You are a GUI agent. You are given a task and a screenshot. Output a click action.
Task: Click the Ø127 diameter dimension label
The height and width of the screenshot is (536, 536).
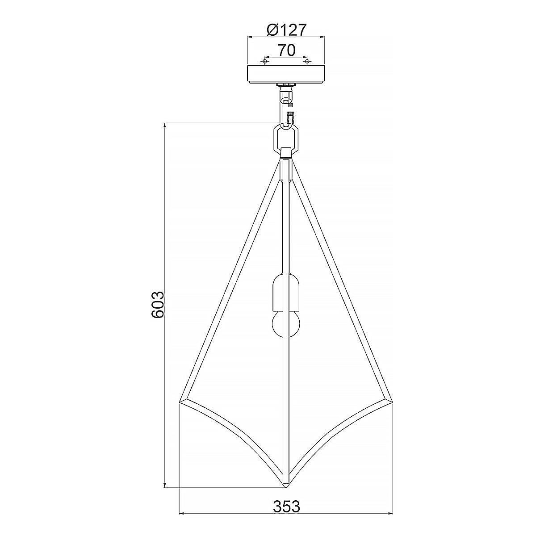[x=286, y=30]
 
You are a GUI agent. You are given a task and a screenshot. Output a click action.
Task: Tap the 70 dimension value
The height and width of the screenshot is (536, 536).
[x=286, y=50]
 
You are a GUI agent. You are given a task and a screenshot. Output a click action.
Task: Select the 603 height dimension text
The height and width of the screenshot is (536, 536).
[x=158, y=306]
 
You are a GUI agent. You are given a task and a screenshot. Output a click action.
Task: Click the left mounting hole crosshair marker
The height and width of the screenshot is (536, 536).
[x=265, y=61]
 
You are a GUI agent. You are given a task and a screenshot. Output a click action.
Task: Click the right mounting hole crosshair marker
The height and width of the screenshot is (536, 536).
[x=307, y=61]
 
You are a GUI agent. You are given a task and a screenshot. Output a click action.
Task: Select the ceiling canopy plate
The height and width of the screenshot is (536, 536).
[x=286, y=74]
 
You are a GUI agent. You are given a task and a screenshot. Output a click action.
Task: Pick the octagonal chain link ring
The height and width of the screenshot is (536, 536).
[x=286, y=138]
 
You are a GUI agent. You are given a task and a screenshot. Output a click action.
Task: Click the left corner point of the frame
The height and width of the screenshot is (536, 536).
[x=180, y=402]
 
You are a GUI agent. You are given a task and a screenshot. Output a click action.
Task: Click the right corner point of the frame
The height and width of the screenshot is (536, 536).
[x=392, y=402]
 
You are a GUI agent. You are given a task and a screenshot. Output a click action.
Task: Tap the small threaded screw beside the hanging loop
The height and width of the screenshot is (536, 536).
[x=291, y=104]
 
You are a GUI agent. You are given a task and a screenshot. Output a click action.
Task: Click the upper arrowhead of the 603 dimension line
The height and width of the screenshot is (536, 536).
[x=166, y=126]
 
